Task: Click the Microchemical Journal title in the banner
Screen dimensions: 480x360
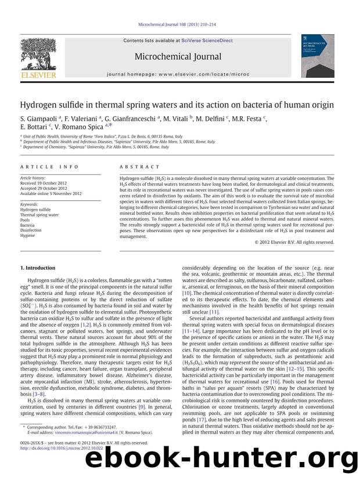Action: [x=178, y=56]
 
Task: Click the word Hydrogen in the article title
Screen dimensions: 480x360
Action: [x=41, y=105]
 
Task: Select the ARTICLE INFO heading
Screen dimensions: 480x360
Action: [x=41, y=167]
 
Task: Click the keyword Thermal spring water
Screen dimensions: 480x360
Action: [x=39, y=215]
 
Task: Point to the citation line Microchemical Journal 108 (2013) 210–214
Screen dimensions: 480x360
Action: [x=179, y=25]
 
